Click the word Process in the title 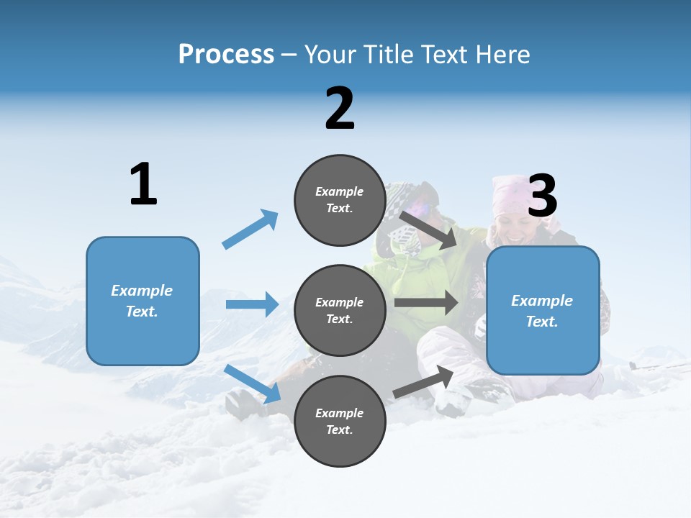click(226, 55)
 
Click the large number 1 click(143, 185)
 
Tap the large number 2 click(340, 109)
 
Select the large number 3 click(542, 196)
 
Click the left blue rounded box click(143, 301)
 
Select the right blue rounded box click(543, 310)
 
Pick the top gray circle click(340, 200)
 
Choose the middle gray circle click(340, 310)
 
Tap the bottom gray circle click(340, 421)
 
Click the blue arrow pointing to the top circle click(250, 230)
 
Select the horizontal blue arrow click(252, 304)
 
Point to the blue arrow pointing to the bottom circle click(252, 383)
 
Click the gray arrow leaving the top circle click(428, 230)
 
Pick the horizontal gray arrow click(426, 303)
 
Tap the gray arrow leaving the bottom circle click(423, 382)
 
